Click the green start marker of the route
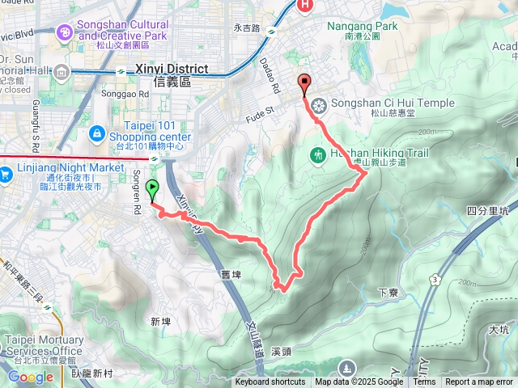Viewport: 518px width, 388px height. pos(152,191)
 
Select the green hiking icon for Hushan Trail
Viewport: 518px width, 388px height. pos(318,154)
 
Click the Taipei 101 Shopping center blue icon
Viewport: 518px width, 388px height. pos(96,131)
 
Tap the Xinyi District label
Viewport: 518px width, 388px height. pos(171,70)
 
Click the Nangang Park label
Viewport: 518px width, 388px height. pos(363,27)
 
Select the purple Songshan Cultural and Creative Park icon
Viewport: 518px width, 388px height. pos(64,32)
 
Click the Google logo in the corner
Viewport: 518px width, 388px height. pos(30,377)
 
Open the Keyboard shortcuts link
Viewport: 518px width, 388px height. pos(270,382)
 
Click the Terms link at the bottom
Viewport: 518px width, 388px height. pos(424,382)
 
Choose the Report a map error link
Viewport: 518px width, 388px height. pos(479,382)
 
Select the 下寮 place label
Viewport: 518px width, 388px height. pos(387,293)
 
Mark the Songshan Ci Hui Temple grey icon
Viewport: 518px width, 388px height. pos(318,104)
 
